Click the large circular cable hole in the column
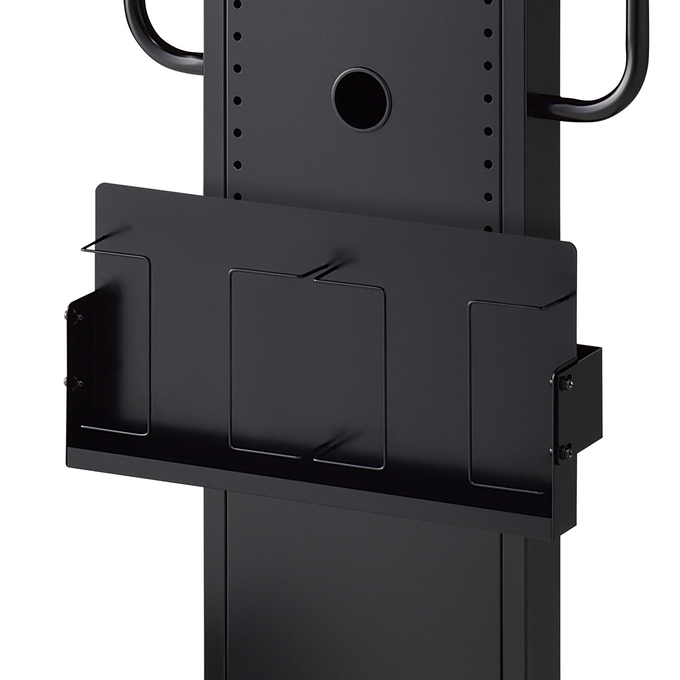[361, 100]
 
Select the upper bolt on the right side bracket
[567, 382]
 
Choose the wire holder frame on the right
[507, 394]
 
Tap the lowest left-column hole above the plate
[237, 197]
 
